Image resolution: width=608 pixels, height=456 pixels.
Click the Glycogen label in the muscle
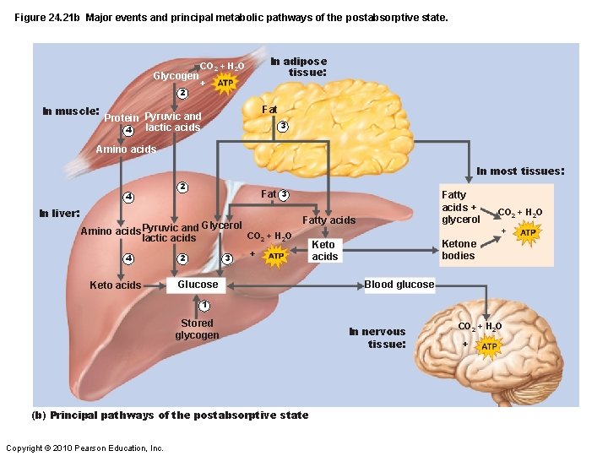point(176,76)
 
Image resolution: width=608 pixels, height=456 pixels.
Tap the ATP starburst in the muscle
point(225,84)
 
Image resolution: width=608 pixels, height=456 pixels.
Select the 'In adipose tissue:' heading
point(298,67)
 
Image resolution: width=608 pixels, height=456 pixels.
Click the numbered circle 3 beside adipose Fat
point(283,127)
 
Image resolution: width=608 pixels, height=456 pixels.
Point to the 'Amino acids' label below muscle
point(126,149)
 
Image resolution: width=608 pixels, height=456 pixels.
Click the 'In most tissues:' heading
point(519,171)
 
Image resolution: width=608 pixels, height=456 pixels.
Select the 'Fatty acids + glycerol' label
point(461,207)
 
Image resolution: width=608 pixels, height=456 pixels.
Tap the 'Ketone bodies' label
point(459,250)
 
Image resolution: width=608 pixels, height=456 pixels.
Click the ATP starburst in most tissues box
point(528,232)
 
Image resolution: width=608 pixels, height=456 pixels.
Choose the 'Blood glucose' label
point(399,285)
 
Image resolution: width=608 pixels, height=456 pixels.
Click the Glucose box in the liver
point(198,285)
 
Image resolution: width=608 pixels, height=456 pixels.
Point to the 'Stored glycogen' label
point(197,329)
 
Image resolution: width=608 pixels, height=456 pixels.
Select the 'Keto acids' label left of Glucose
point(116,285)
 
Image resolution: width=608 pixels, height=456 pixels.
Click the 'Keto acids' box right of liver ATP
point(324,251)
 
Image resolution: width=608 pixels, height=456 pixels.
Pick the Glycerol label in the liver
point(221,225)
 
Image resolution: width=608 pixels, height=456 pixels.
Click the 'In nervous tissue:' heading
point(377,338)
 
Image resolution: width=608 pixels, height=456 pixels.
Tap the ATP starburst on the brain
point(489,346)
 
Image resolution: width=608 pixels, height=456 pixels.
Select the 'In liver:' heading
point(60,213)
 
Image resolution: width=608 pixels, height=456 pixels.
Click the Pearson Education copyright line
point(84,448)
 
